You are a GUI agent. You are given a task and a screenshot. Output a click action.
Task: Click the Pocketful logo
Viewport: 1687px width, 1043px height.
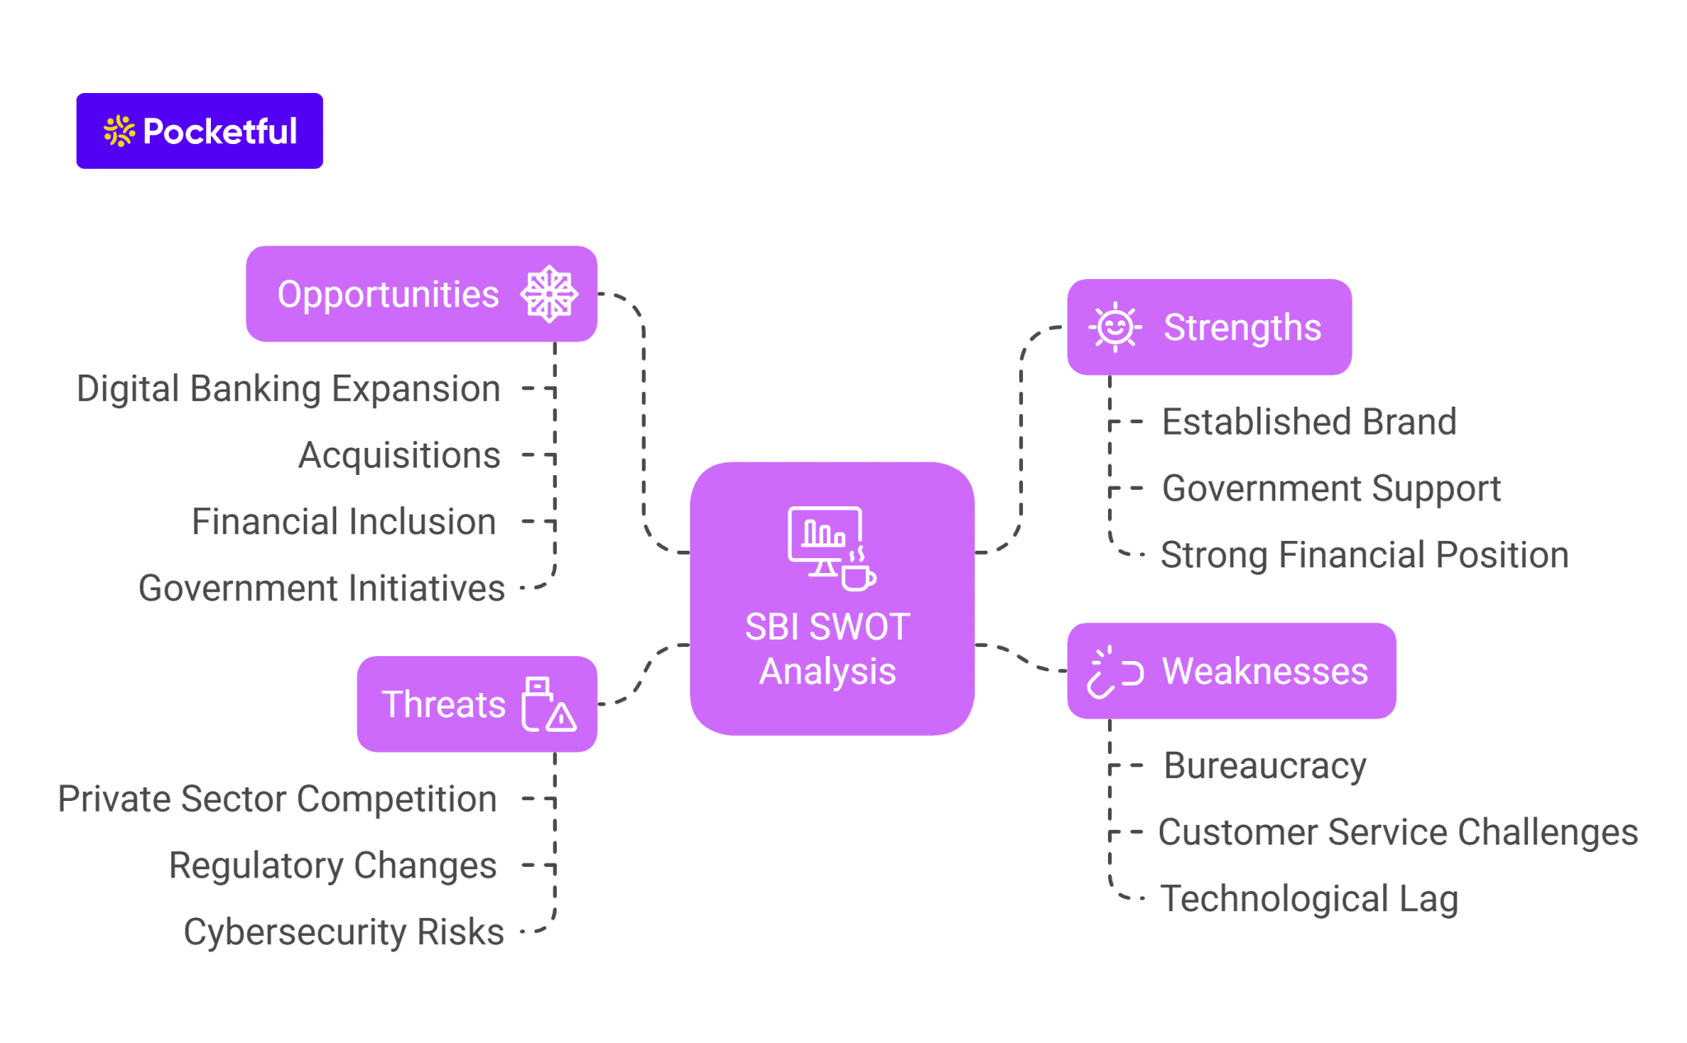point(199,131)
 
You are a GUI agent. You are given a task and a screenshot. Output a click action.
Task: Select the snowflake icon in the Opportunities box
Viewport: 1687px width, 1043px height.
point(549,294)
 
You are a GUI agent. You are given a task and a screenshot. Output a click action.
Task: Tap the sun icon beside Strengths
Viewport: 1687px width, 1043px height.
point(1115,328)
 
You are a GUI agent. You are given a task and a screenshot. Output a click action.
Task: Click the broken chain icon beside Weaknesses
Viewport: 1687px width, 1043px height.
point(1114,672)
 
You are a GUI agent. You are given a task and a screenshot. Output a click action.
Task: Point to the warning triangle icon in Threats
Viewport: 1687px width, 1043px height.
point(561,717)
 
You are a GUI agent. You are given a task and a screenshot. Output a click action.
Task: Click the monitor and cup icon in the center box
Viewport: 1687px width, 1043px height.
point(830,547)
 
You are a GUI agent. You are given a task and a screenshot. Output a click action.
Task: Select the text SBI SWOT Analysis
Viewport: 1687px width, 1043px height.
point(827,649)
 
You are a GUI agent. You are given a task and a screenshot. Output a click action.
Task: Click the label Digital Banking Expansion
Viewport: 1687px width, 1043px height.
point(288,389)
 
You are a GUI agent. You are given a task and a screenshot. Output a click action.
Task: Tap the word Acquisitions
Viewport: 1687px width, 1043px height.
point(399,455)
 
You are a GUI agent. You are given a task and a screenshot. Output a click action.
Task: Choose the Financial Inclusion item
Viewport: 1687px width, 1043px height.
point(343,522)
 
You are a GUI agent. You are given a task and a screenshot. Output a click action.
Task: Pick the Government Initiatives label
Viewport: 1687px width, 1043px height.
point(321,589)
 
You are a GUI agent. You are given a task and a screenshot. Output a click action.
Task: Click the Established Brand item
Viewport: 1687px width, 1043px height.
point(1308,422)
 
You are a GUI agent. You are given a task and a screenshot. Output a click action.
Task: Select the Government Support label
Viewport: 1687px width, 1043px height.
point(1330,489)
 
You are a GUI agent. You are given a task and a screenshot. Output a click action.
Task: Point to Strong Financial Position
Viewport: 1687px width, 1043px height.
point(1363,556)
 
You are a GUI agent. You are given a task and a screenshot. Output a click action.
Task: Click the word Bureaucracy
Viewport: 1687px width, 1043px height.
point(1264,766)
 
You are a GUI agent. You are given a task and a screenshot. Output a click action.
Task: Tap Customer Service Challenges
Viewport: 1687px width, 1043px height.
point(1397,832)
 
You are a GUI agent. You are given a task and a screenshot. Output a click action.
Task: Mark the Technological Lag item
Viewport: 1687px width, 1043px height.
point(1308,899)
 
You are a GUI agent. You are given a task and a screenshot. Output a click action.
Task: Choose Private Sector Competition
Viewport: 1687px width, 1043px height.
point(277,799)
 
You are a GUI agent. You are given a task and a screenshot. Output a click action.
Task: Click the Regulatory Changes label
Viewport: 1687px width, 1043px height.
point(332,866)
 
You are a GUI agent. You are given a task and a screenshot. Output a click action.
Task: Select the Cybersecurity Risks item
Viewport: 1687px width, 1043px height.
point(343,933)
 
